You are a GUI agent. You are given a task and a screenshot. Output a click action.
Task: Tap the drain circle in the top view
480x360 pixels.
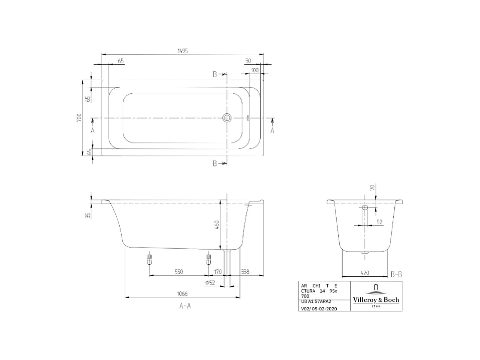pos(227,118)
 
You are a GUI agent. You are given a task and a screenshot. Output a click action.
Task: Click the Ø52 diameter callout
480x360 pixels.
pos(210,282)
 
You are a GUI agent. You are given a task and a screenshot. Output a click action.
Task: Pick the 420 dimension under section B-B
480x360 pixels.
pos(364,274)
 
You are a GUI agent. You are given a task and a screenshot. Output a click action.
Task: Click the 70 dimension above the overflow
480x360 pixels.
pos(372,188)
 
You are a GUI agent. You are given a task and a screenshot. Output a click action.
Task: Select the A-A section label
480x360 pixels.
pos(185,306)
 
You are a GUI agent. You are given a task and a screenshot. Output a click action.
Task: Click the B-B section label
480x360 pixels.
pos(396,274)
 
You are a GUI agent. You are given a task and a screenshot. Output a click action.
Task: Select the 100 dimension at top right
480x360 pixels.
pos(255,70)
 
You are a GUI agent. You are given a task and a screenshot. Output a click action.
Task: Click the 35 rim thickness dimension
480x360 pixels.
pos(88,215)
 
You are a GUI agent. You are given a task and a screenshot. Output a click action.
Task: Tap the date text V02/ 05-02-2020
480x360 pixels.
pos(317,309)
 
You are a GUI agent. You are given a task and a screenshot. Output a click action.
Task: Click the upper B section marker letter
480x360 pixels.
pos(214,74)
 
